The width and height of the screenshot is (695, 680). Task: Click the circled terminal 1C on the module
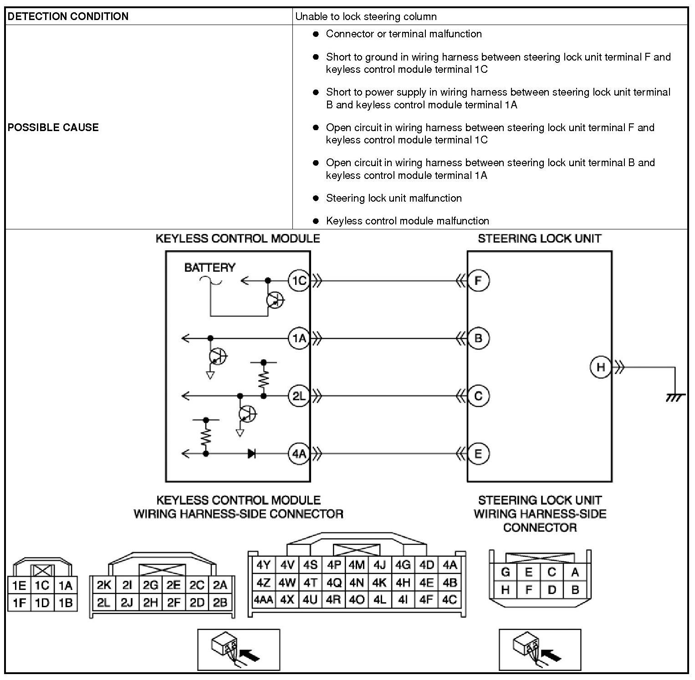pyautogui.click(x=299, y=280)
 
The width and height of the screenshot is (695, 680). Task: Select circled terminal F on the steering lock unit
pyautogui.click(x=478, y=280)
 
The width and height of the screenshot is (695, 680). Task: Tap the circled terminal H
pyautogui.click(x=601, y=367)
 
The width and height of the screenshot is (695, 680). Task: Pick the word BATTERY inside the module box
pyautogui.click(x=210, y=268)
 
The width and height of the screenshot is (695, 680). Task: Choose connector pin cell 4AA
pyautogui.click(x=263, y=599)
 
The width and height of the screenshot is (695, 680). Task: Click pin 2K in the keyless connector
pyautogui.click(x=104, y=585)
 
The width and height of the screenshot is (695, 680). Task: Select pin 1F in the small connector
pyautogui.click(x=19, y=603)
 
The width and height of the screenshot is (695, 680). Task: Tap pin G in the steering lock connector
pyautogui.click(x=505, y=572)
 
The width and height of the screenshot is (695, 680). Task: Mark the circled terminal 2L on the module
pyautogui.click(x=299, y=396)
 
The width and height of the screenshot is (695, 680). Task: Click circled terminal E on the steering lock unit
pyautogui.click(x=478, y=454)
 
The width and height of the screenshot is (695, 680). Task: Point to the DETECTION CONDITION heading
pyautogui.click(x=68, y=16)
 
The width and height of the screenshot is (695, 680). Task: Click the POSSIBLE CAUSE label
pyautogui.click(x=53, y=127)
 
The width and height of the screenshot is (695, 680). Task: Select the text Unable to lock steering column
pyautogui.click(x=366, y=17)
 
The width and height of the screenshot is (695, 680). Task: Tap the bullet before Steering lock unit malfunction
pyautogui.click(x=316, y=198)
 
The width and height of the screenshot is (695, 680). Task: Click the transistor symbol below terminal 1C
pyautogui.click(x=275, y=300)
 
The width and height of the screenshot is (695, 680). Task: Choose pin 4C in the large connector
pyautogui.click(x=450, y=599)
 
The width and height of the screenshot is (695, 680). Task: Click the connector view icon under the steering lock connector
pyautogui.click(x=540, y=650)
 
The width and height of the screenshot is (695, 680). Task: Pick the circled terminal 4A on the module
pyautogui.click(x=299, y=454)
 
